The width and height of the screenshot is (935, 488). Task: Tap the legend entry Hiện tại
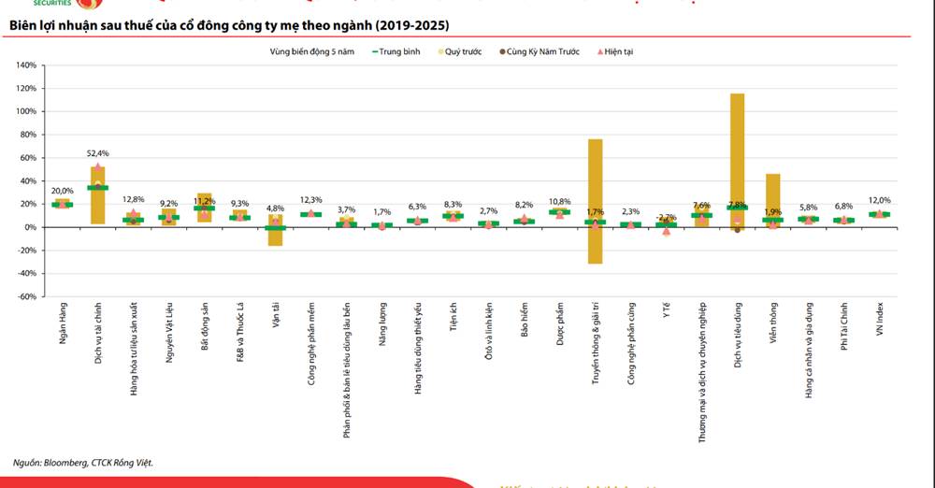(618, 52)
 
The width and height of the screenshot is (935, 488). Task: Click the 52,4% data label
(98, 153)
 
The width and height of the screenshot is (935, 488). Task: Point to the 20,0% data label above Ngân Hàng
(62, 190)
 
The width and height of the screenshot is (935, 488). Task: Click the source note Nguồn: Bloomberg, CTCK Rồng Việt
(83, 462)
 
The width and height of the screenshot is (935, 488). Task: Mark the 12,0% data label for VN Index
(879, 200)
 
